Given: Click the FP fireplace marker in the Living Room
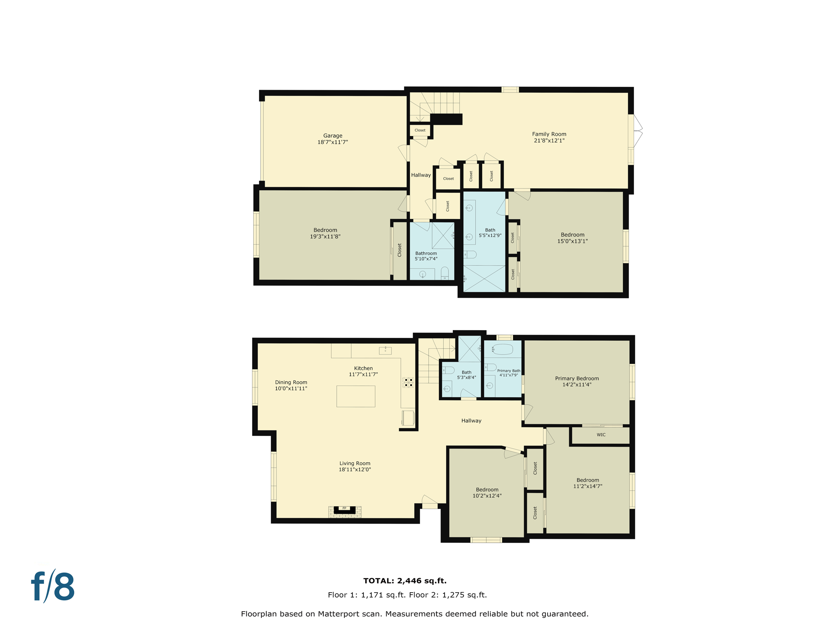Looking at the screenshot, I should tap(344, 508).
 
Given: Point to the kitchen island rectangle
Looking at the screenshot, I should tap(355, 396).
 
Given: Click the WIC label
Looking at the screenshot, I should tap(601, 435).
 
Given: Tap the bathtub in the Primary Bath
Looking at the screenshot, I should tap(503, 349).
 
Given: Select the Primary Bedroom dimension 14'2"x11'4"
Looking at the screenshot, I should tap(576, 385).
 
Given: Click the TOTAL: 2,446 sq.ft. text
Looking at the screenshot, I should tap(404, 581).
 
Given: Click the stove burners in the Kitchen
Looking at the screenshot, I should tap(408, 382).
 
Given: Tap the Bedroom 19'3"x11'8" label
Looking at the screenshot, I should tap(325, 233).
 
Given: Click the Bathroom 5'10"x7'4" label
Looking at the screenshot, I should tap(426, 256).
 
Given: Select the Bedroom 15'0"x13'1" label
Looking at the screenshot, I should tap(572, 238).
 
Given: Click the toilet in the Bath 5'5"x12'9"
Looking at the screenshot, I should tap(470, 255).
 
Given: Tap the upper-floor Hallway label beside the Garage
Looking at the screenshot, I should tap(421, 175).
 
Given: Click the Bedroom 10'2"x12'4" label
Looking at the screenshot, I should tap(487, 492).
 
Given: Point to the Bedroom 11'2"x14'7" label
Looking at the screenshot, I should tap(587, 483).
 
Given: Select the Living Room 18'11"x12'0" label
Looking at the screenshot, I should tap(355, 466).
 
